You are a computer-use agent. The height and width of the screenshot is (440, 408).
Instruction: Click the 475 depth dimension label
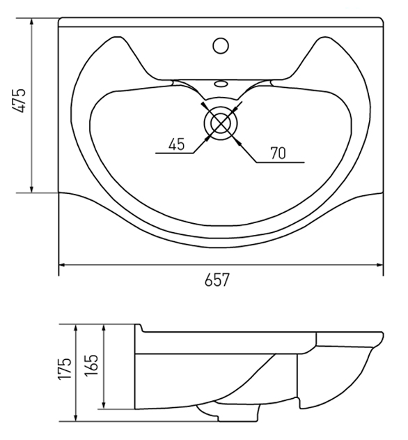[19, 100]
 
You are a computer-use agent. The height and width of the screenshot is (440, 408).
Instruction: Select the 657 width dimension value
[217, 280]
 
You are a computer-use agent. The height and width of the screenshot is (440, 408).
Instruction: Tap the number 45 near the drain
[177, 144]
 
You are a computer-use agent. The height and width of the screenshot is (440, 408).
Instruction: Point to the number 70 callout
[278, 153]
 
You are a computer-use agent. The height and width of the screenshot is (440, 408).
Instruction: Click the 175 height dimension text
[65, 369]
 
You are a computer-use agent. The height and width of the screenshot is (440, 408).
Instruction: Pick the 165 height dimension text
[91, 365]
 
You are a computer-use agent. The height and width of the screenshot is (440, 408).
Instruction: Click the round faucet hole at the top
[221, 46]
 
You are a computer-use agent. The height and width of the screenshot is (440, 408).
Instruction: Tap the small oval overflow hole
[221, 84]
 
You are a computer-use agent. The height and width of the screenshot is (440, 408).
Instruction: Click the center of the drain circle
[221, 123]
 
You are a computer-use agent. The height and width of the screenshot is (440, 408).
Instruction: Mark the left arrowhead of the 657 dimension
[63, 265]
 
